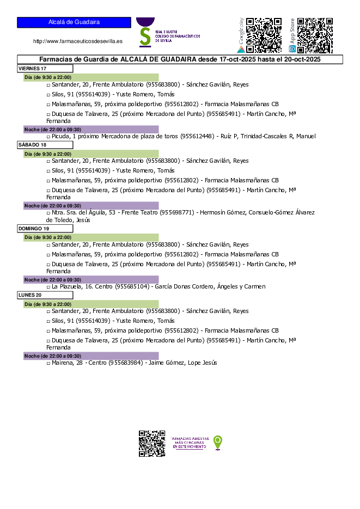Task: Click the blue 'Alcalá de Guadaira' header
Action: pos(74,22)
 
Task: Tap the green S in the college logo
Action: pos(145,36)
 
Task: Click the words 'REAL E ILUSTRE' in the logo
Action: pos(166,32)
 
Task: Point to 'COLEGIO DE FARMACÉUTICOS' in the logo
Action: pos(178,36)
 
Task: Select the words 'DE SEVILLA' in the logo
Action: pos(163,40)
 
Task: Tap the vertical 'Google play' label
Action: pos(241,30)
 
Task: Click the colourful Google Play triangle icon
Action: pos(241,49)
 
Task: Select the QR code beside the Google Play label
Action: pos(264,35)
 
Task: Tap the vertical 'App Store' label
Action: pos(292,31)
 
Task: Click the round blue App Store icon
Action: pos(292,49)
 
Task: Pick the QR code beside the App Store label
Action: pos(315,35)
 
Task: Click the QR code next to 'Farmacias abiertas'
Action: pos(152,443)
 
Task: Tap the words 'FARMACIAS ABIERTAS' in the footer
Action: pos(190,438)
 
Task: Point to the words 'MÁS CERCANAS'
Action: pos(190,443)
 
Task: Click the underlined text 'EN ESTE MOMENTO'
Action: pos(190,447)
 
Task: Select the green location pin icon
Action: pos(218,443)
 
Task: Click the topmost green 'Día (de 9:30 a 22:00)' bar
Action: pos(91,78)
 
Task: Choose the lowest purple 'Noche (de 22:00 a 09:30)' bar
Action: pos(91,356)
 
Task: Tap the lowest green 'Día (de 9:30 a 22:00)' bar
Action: pos(91,304)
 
